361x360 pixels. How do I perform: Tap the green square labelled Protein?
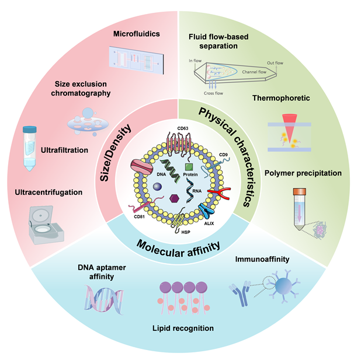click(x=189, y=167)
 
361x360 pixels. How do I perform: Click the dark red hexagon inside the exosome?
click(x=173, y=199)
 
